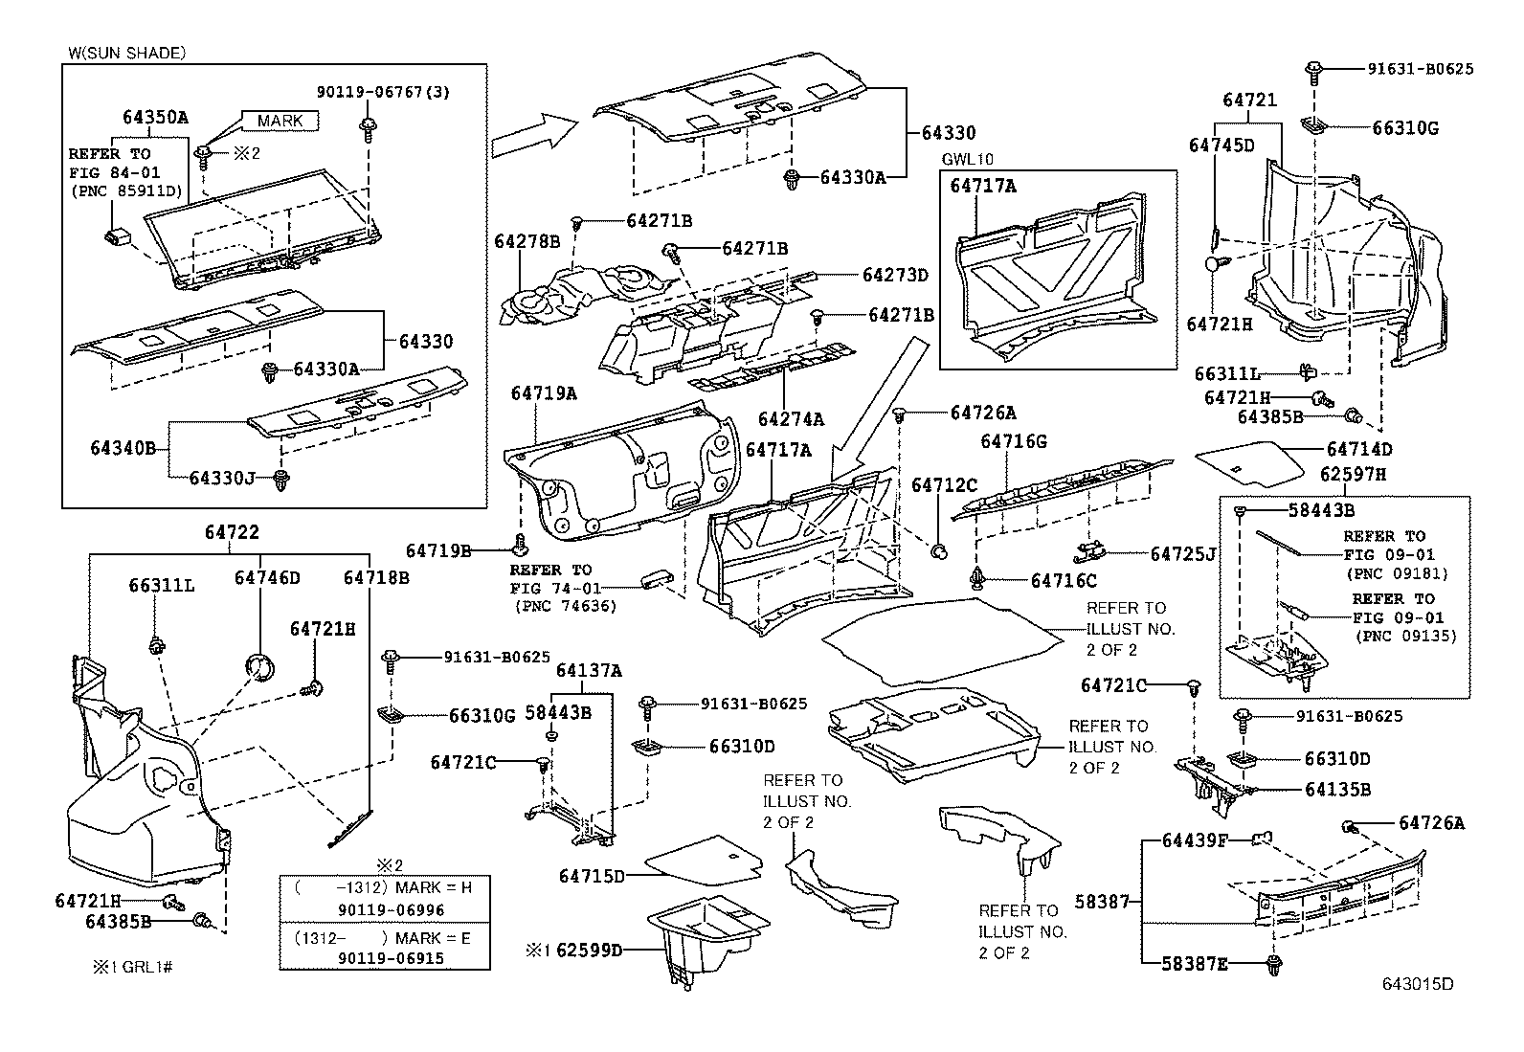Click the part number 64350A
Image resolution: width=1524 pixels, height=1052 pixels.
[155, 118]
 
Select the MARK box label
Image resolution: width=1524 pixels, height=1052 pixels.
[280, 120]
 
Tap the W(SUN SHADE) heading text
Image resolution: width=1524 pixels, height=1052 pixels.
[127, 53]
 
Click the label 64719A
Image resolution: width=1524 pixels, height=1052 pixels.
[544, 393]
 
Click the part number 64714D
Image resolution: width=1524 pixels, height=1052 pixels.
[1359, 449]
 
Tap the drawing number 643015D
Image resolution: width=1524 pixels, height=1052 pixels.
[1417, 984]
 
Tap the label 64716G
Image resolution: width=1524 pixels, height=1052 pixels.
[1013, 441]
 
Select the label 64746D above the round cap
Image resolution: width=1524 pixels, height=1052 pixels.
[267, 577]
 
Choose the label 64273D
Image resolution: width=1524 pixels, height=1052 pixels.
[895, 275]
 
